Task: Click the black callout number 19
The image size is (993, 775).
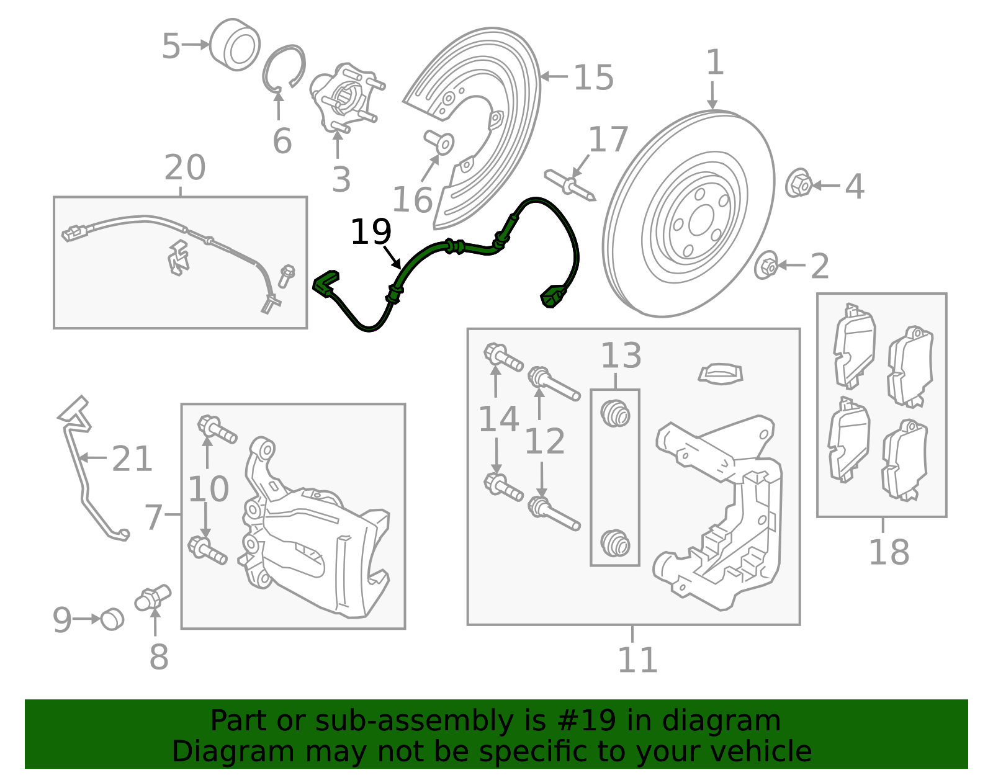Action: [x=371, y=233]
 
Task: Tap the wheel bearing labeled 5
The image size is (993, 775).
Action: [x=235, y=45]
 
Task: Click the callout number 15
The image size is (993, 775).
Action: [x=593, y=78]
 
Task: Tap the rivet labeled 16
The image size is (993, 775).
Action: [x=439, y=141]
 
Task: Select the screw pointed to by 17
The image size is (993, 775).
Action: [x=570, y=184]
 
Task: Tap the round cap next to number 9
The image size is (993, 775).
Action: [x=112, y=619]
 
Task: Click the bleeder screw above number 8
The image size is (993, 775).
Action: [x=152, y=598]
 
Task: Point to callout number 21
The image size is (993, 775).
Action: [x=132, y=460]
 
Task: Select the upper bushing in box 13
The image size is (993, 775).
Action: [x=615, y=414]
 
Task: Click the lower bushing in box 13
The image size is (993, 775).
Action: [x=615, y=543]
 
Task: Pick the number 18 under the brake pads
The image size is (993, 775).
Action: [x=888, y=552]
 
